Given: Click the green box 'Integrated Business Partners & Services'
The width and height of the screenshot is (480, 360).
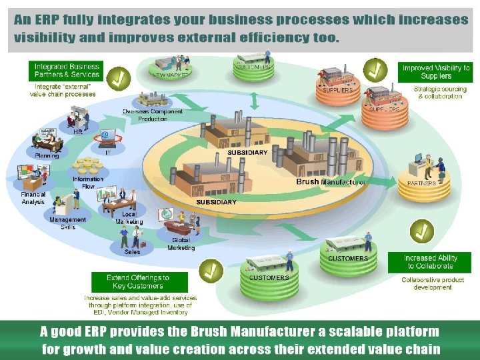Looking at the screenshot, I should pos(67,70).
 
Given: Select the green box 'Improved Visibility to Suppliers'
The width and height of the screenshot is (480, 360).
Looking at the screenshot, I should pos(436,72).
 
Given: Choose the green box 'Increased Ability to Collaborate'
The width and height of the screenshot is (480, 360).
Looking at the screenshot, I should pos(430,262).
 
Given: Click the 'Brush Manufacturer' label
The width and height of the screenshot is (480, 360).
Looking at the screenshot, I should pos(330,182).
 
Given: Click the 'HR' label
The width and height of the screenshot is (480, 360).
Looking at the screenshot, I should pos(78,131).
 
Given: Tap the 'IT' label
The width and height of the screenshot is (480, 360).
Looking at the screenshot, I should pos(108,152).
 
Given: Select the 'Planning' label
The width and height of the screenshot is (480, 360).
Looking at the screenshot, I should pos(47,156).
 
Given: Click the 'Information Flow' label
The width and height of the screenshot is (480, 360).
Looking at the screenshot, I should pos(88,182).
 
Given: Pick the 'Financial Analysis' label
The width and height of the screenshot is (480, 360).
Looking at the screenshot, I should pos(33,198).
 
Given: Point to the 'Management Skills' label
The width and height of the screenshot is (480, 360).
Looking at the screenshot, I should pos(67,223).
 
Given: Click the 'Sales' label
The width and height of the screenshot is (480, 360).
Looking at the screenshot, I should pos(132,252).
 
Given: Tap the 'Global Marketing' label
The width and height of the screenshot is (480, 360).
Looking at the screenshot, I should pos(182,244).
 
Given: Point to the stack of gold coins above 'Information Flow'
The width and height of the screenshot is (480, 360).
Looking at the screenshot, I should pos(89,164).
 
